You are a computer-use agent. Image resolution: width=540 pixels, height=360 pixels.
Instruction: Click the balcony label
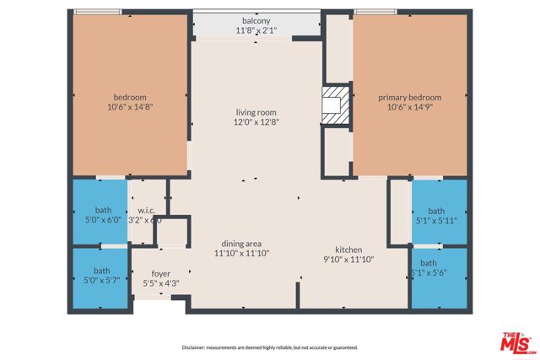(256, 21)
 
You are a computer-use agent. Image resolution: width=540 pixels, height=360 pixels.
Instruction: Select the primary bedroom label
(409, 98)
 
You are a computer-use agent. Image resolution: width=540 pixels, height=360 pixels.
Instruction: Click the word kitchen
(348, 250)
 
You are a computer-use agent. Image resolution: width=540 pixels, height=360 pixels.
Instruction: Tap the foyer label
(161, 274)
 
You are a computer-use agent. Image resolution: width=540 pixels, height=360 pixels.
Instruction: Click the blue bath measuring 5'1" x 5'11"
(436, 216)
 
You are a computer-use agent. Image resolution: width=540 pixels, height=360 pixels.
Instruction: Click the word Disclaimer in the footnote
(195, 347)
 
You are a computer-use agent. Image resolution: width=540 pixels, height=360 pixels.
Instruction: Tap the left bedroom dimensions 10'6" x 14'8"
(130, 107)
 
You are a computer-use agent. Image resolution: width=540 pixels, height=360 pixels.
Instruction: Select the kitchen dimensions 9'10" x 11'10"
(348, 260)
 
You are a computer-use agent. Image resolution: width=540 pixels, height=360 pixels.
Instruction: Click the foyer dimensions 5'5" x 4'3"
(161, 283)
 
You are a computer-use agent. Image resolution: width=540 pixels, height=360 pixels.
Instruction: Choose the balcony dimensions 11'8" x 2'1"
(256, 30)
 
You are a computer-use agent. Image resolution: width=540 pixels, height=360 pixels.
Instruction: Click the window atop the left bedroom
(97, 12)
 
